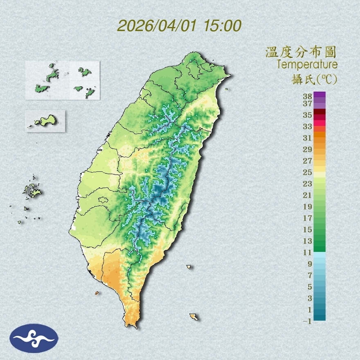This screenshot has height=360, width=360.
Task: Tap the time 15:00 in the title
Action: tap(221, 26)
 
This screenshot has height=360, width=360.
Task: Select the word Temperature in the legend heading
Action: tap(307, 65)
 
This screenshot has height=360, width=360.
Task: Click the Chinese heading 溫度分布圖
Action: tap(301, 52)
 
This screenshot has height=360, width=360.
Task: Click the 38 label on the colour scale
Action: tap(308, 97)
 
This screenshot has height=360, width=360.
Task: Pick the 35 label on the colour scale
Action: tap(308, 115)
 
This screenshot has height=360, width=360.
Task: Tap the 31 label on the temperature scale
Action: tap(308, 138)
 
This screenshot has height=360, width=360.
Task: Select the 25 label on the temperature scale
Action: tap(308, 172)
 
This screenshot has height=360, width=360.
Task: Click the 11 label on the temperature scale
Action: tap(308, 252)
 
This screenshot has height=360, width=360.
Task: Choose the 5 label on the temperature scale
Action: tap(310, 287)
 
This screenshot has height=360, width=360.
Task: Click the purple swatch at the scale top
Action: tap(319, 95)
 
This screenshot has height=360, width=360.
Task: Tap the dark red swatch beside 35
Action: tap(319, 112)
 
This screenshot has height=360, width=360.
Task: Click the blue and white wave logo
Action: tap(34, 338)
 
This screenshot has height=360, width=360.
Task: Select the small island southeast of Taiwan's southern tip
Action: tap(193, 317)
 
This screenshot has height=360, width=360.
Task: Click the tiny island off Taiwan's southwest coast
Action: tap(97, 293)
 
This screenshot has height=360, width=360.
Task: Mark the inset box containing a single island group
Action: tap(45, 121)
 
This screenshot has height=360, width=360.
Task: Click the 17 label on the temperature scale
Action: tap(308, 218)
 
